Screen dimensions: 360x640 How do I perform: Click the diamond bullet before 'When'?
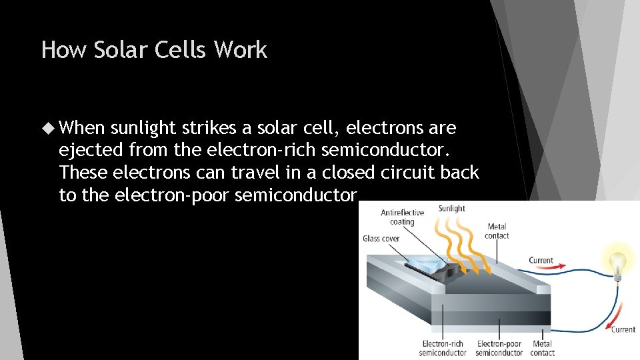pos(49,127)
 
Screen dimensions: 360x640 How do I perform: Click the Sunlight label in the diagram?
pos(452,209)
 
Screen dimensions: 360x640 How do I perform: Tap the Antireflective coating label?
pos(402,217)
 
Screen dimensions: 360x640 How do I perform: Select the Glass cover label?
pos(381,239)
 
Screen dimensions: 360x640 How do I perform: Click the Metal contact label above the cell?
pos(497,231)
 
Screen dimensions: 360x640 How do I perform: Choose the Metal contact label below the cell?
pos(542,348)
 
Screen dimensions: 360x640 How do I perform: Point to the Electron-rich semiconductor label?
pos(443,348)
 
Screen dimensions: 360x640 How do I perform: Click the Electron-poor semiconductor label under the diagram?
pos(499,348)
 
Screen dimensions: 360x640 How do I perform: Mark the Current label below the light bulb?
pos(623,329)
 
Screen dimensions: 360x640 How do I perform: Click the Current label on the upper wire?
pos(541,260)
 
